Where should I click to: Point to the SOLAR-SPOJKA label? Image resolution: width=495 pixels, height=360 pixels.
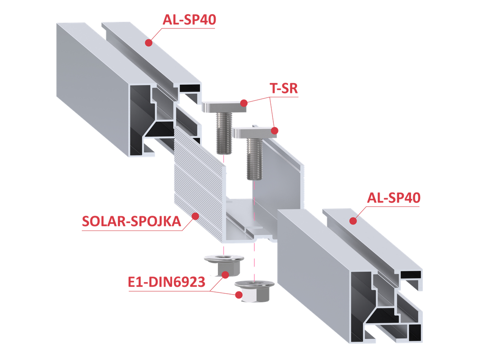click(x=131, y=222)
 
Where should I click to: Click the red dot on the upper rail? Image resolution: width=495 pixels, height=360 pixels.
click(x=148, y=42)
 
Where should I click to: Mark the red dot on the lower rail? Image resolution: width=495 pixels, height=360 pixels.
click(x=353, y=221)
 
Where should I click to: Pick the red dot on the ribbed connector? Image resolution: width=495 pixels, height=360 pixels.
click(x=195, y=215)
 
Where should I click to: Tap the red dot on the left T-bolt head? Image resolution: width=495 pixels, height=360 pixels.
click(x=244, y=103)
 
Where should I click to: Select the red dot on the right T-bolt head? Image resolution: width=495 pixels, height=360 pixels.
click(x=275, y=130)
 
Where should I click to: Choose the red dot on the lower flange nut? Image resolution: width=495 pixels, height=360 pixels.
click(x=238, y=295)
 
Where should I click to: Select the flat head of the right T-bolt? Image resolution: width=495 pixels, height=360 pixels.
click(x=254, y=132)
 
